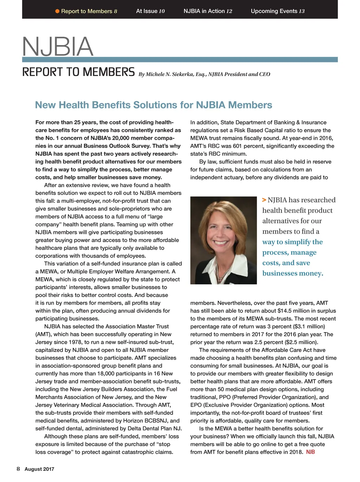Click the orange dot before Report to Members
click(x=57, y=11)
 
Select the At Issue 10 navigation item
click(x=150, y=11)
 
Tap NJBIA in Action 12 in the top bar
click(x=208, y=11)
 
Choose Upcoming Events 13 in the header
click(x=277, y=11)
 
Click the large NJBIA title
click(x=58, y=46)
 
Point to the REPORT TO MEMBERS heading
click(x=78, y=72)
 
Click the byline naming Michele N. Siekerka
click(x=204, y=74)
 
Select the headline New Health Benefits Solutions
click(x=154, y=105)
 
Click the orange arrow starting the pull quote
click(x=264, y=200)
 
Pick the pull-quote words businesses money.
click(x=292, y=273)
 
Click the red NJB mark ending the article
click(x=310, y=452)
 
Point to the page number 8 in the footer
click(x=18, y=469)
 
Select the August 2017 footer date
click(x=39, y=469)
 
